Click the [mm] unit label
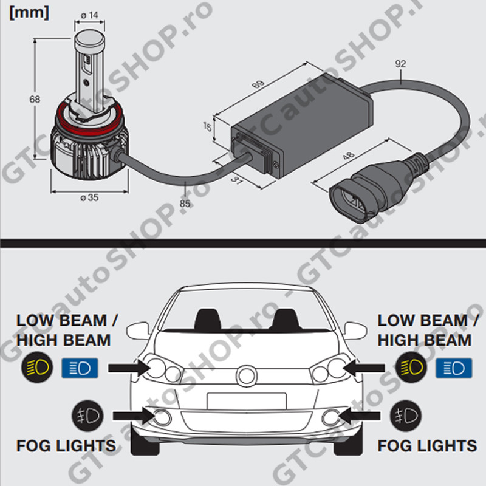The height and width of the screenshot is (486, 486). [x=29, y=12]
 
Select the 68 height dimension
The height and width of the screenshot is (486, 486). [x=35, y=99]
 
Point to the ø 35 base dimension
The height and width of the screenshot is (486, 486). [x=89, y=197]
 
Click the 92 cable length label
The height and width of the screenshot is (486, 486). [x=400, y=63]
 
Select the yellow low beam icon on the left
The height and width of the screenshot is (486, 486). [x=36, y=367]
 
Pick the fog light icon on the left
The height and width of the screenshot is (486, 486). [x=87, y=416]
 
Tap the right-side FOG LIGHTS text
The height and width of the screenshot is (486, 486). [x=427, y=446]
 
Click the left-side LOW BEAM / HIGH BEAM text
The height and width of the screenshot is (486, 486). [x=67, y=330]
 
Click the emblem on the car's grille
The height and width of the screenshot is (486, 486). [x=246, y=375]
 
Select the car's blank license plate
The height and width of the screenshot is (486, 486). [x=246, y=400]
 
